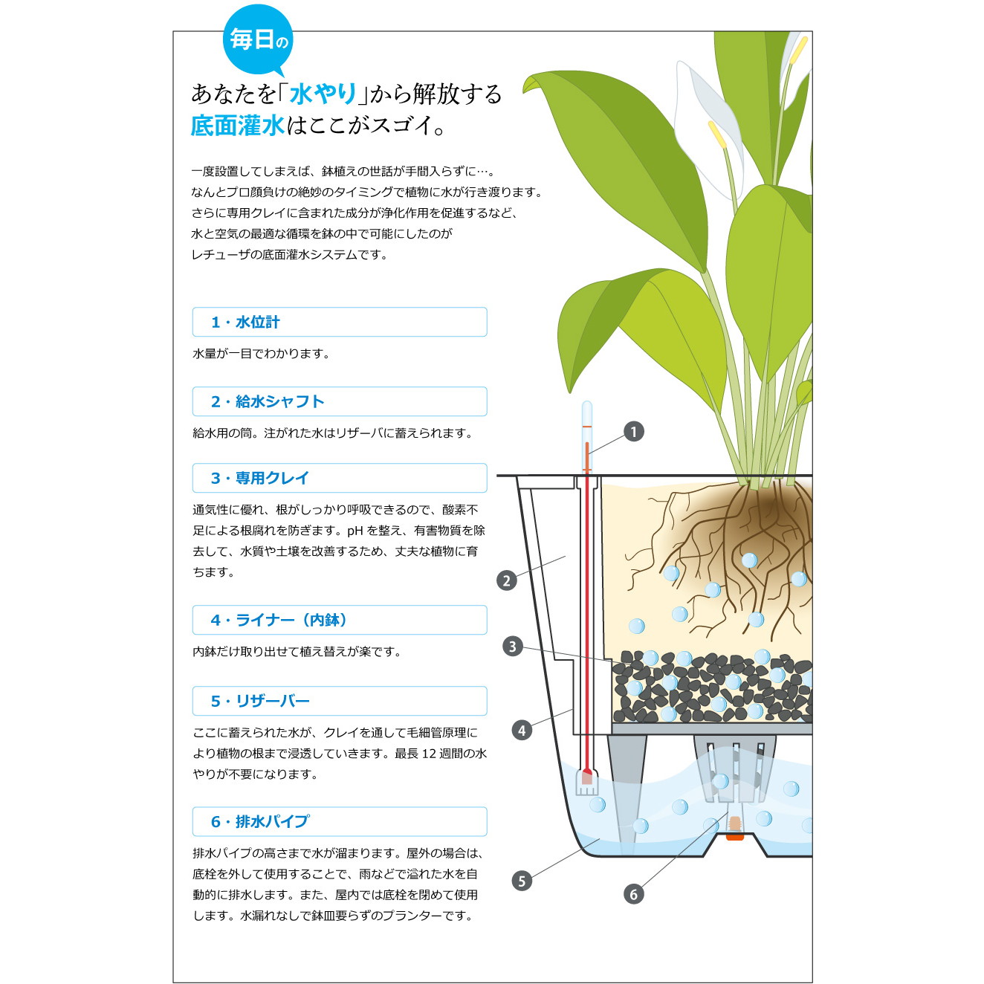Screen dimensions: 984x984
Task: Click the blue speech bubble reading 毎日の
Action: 258,40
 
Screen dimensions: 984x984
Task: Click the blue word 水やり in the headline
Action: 323,94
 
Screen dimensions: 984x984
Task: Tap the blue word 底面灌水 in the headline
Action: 237,126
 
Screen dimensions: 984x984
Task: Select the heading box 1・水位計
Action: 340,322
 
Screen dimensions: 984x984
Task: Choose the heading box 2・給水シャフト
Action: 340,401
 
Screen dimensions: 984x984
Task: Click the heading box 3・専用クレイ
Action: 340,478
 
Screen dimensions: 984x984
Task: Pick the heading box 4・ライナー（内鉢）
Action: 340,620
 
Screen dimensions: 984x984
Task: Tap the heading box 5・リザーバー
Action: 340,701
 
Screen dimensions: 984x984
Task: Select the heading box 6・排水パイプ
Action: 340,822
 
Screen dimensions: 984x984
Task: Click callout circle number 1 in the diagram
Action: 634,432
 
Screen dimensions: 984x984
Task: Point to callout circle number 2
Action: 507,580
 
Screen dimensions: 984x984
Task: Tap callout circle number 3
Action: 513,647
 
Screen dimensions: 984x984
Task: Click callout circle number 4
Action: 522,731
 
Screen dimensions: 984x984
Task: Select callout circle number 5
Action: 522,881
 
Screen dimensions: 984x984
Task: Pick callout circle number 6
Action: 634,894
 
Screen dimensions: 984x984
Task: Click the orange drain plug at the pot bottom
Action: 735,836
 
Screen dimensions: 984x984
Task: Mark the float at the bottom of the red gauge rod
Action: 586,782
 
